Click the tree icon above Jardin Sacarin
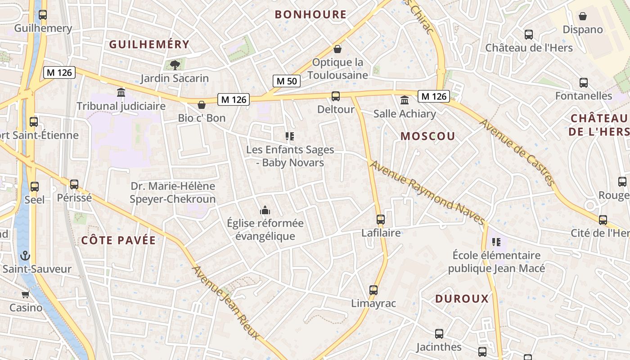point(175,65)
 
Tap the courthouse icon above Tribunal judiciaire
point(121,93)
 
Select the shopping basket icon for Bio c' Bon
point(202,105)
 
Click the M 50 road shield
point(287,81)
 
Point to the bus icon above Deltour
point(336,96)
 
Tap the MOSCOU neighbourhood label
point(427,136)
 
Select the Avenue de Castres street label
point(517,152)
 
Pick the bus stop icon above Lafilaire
point(381,220)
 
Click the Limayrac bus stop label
point(373,303)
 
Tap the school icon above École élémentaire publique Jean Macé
point(496,242)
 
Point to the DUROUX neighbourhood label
point(462,299)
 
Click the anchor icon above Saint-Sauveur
point(25,256)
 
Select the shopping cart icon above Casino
point(26,294)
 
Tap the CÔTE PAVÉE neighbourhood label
point(118,240)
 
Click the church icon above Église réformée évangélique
point(265,210)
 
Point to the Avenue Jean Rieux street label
point(226,302)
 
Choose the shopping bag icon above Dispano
point(583,16)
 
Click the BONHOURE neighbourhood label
point(310,14)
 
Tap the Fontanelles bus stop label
point(584,96)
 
